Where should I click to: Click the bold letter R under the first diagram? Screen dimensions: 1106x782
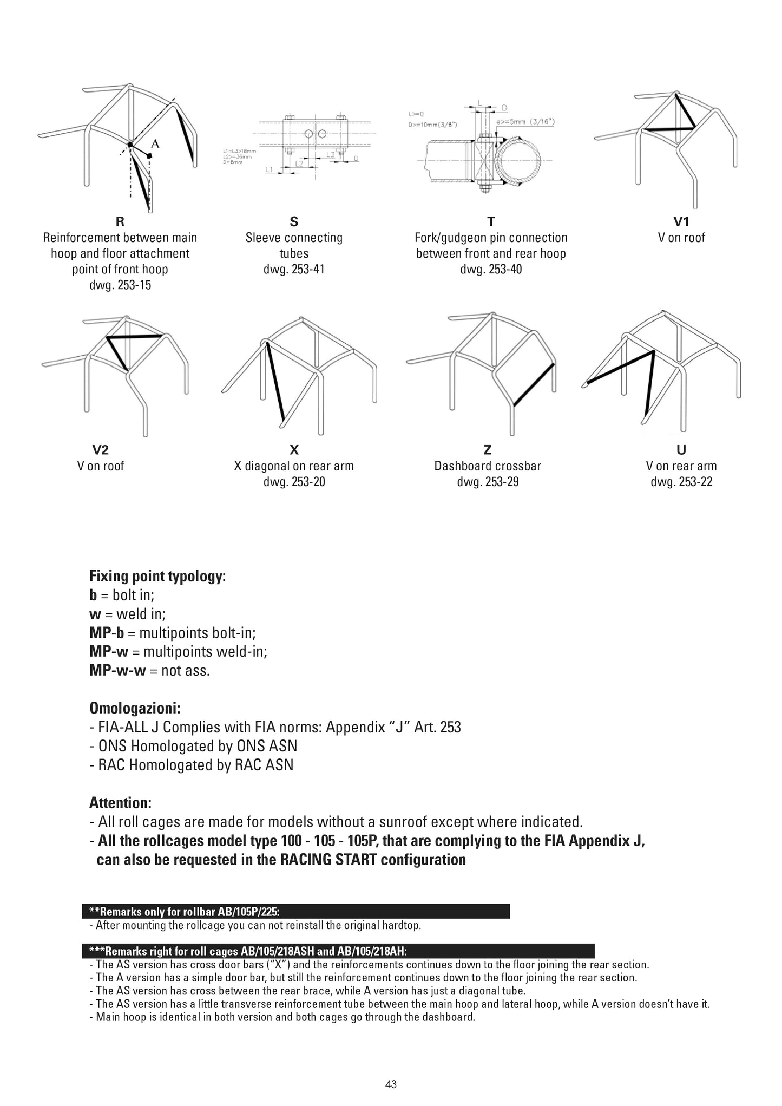(x=120, y=221)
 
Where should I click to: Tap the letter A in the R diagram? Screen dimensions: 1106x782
(x=155, y=143)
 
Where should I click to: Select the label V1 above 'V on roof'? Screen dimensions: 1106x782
(x=681, y=221)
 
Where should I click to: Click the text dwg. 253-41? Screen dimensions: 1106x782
(x=294, y=269)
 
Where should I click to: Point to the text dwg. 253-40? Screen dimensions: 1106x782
(x=491, y=269)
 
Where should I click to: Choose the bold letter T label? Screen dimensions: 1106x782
(x=491, y=221)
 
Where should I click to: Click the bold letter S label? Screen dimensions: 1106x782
(x=294, y=221)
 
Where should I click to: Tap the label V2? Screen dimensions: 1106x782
(x=101, y=450)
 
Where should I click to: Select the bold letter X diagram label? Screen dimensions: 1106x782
(x=294, y=450)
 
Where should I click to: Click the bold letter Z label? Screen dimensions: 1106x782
(x=488, y=450)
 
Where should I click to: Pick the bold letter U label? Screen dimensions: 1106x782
(x=681, y=450)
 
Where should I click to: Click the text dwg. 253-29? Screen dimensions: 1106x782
(x=488, y=482)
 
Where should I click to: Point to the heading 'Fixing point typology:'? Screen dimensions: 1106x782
(x=157, y=576)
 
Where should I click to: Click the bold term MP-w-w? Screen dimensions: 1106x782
(x=117, y=671)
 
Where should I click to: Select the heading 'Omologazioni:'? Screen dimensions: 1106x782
(x=135, y=708)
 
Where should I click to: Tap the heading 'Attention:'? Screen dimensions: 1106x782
(x=120, y=803)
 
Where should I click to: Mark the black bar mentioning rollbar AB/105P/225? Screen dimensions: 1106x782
(x=296, y=911)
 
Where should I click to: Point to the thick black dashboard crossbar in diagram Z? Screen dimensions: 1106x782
(x=533, y=385)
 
